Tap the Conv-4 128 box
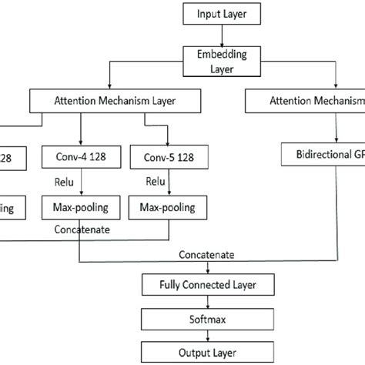point(79,159)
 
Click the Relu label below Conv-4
point(63,184)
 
